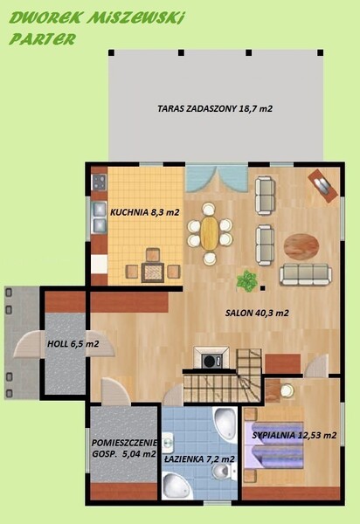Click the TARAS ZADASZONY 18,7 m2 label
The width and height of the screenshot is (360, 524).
215,108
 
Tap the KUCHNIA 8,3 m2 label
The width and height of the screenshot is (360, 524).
145,212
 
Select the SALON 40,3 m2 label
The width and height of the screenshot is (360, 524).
257,314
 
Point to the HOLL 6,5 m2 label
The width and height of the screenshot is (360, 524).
73,343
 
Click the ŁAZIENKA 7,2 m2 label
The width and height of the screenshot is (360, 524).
199,459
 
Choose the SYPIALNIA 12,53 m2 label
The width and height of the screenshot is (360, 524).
294,435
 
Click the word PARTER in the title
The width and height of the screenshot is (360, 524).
43,39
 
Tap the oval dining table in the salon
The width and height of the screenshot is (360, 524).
210,233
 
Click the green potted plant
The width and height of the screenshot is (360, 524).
247,280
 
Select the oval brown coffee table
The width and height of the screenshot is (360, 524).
301,246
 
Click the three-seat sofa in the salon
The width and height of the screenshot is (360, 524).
306,274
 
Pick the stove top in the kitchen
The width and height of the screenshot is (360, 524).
100,183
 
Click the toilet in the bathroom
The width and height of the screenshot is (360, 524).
221,472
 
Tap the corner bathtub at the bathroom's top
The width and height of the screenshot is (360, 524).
225,423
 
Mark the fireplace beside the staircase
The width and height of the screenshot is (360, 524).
211,358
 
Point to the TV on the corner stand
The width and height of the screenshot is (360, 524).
322,186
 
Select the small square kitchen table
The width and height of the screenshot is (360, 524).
152,272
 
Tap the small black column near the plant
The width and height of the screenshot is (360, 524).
263,287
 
